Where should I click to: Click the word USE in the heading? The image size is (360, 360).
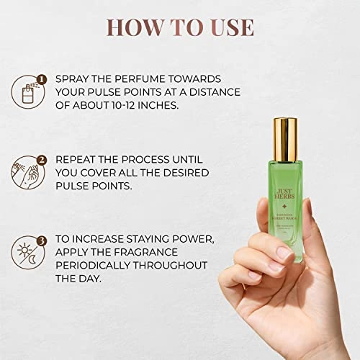(x=228, y=27)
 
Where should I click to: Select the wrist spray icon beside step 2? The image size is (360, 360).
(x=27, y=173)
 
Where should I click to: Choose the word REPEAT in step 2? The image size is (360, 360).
(x=78, y=158)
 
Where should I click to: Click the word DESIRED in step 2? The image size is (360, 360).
(x=190, y=173)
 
